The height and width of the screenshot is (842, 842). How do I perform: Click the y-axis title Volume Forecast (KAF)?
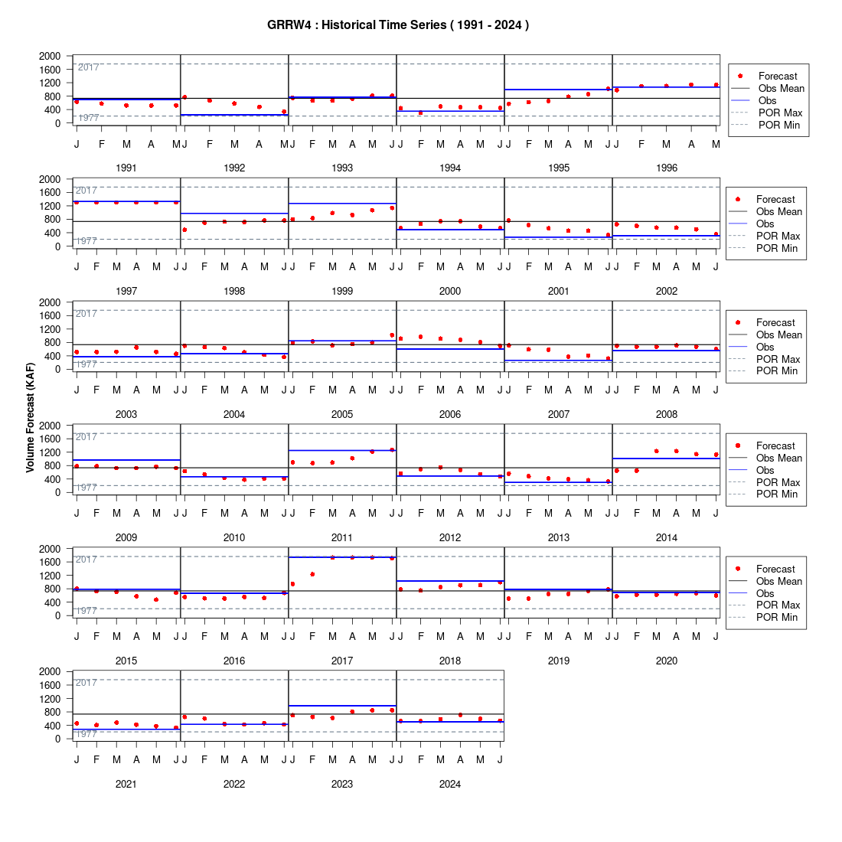30,418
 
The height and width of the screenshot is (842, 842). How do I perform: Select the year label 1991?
126,168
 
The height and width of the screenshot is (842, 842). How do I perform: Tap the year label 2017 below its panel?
342,661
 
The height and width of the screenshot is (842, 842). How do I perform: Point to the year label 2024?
450,784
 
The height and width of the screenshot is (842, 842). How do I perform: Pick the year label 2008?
667,414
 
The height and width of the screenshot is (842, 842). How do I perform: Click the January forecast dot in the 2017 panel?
292,584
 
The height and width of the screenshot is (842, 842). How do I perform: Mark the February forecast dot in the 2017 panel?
312,574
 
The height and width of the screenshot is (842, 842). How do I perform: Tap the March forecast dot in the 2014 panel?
656,451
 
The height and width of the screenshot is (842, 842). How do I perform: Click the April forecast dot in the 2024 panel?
460,715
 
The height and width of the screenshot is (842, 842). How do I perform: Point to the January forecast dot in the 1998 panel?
184,230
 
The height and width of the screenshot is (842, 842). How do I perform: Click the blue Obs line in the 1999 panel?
343,204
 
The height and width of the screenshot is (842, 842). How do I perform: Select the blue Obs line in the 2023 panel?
343,706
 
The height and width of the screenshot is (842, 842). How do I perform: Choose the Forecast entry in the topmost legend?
778,77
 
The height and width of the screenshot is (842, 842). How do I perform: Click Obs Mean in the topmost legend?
782,89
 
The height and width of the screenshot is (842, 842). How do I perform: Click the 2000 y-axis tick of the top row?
50,56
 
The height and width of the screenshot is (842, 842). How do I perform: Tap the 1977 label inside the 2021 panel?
86,733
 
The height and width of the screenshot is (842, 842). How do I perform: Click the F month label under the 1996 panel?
641,144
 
